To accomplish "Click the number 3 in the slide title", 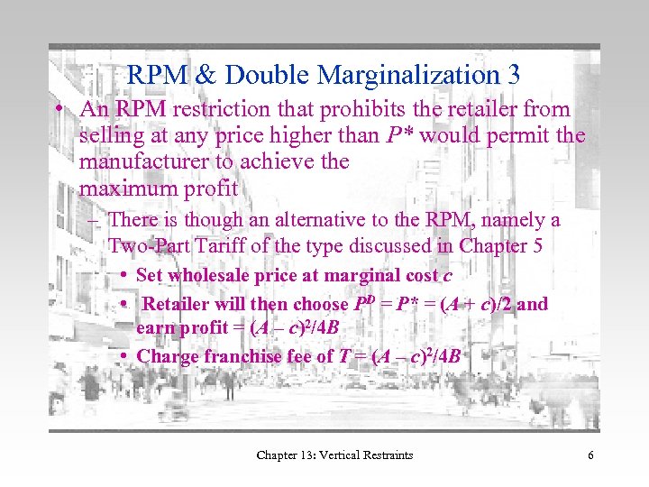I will [x=514, y=74].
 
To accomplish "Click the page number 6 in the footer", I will [x=590, y=455].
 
